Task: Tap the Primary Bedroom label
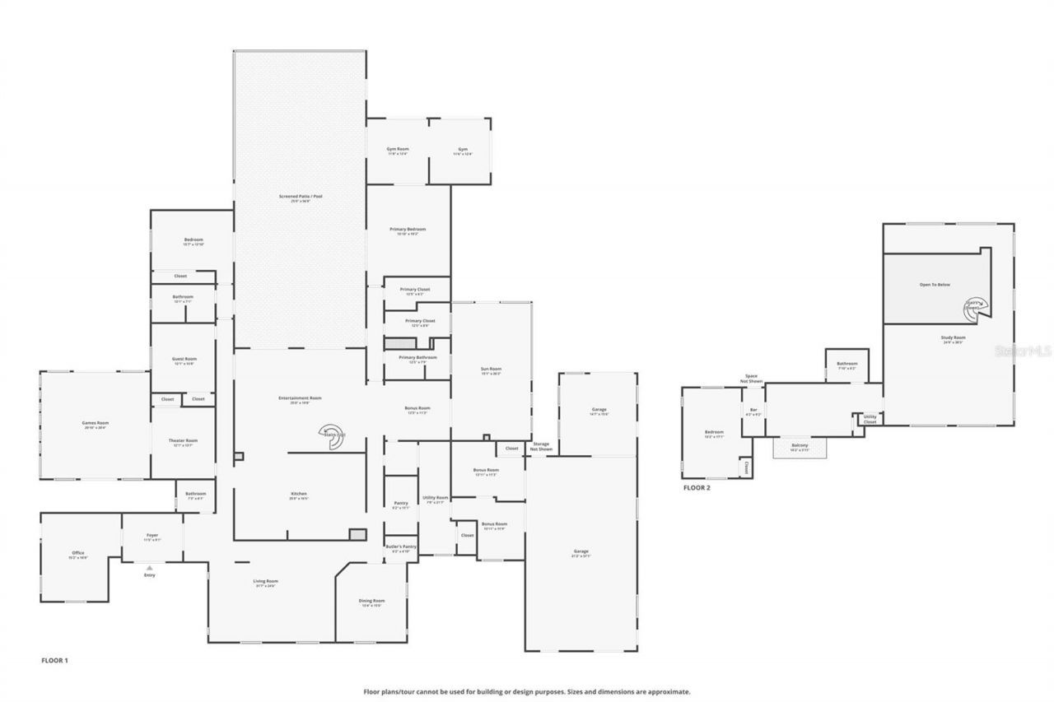tap(408, 230)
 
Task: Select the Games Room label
tap(96, 424)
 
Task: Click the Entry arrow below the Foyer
tap(149, 567)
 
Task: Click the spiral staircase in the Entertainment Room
tap(333, 436)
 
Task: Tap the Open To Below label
tap(935, 285)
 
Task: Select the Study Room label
tap(954, 338)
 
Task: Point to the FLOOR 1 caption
tap(54, 660)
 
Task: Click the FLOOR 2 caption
tap(696, 488)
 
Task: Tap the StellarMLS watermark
tap(1023, 350)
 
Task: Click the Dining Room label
tap(371, 602)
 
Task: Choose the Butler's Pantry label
tap(400, 547)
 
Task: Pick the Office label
tap(78, 554)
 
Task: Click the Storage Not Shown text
tap(541, 447)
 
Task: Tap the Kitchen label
tap(298, 495)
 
